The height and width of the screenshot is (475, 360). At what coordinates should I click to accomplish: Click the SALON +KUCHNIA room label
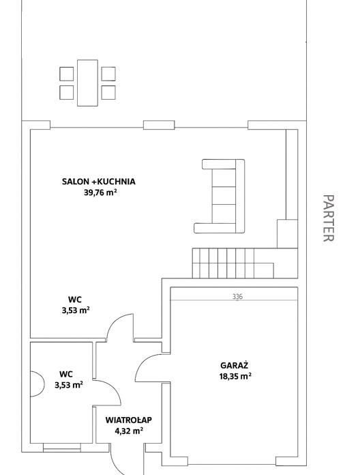click(x=99, y=182)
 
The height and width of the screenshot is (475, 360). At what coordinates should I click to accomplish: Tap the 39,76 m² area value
click(x=100, y=192)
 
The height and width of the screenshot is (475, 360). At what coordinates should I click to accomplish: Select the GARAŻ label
click(x=234, y=365)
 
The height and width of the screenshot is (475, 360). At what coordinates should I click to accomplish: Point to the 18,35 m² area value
click(x=235, y=376)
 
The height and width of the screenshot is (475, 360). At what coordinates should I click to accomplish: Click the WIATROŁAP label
click(x=129, y=420)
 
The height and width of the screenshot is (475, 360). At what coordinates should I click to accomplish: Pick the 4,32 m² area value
click(x=129, y=431)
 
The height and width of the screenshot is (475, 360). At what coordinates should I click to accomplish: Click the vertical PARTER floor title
click(x=328, y=218)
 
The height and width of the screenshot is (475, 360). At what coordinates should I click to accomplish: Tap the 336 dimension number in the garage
click(x=237, y=297)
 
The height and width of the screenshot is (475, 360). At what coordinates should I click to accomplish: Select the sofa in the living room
click(x=220, y=196)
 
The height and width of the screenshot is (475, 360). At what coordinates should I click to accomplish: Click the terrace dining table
click(x=87, y=83)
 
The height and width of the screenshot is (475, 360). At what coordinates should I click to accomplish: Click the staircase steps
click(x=233, y=263)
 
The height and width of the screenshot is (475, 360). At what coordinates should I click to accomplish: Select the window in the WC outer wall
click(x=62, y=448)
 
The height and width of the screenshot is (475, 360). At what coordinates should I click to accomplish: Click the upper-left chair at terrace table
click(x=67, y=74)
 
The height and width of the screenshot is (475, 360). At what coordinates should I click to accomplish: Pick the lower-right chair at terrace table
click(x=108, y=92)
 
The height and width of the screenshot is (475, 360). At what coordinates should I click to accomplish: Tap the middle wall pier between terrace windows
click(x=159, y=125)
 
